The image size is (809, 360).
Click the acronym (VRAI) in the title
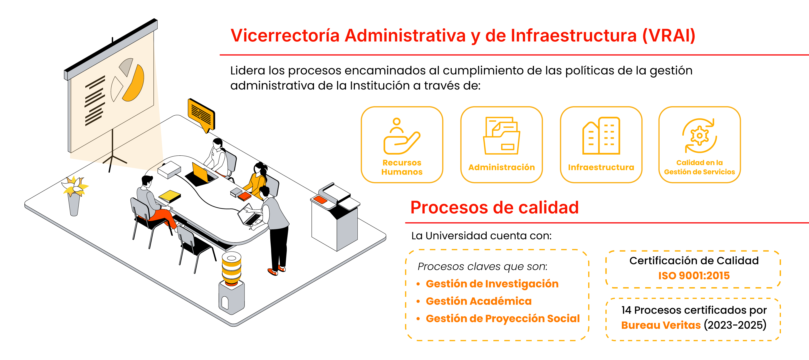pyautogui.click(x=669, y=36)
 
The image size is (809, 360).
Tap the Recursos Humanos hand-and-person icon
pyautogui.click(x=402, y=136)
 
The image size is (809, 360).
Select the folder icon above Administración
pyautogui.click(x=501, y=136)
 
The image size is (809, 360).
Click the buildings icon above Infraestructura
pyautogui.click(x=601, y=136)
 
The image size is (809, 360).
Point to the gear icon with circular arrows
pyautogui.click(x=699, y=136)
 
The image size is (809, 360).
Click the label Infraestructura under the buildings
pyautogui.click(x=601, y=167)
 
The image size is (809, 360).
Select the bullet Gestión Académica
pyautogui.click(x=479, y=301)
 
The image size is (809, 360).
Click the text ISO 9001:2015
pyautogui.click(x=694, y=275)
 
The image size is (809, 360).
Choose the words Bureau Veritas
pyautogui.click(x=661, y=325)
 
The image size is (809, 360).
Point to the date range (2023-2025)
pyautogui.click(x=735, y=325)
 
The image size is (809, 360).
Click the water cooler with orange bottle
pyautogui.click(x=231, y=283)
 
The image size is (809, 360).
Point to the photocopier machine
pyautogui.click(x=335, y=217)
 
